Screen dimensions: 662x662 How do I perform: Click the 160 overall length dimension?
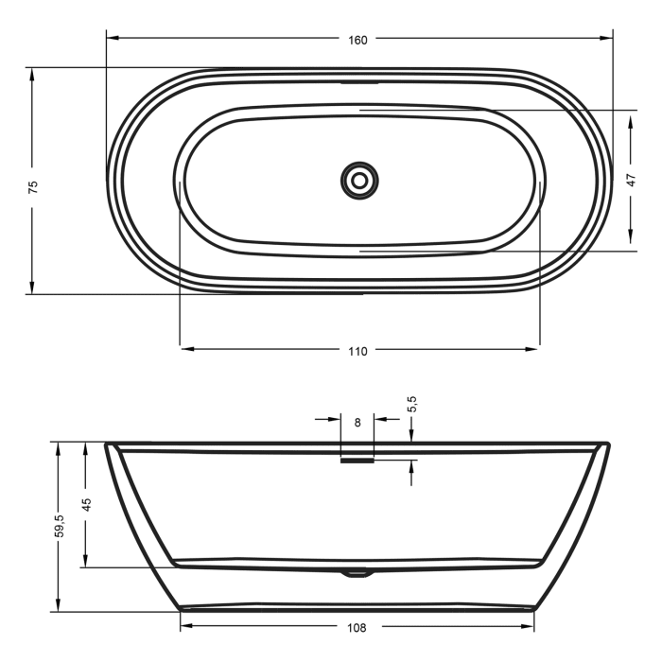click(x=357, y=40)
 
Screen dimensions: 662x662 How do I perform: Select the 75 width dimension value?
click(x=33, y=186)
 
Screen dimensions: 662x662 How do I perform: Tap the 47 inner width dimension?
click(x=631, y=180)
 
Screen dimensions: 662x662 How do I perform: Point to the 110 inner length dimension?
click(x=357, y=351)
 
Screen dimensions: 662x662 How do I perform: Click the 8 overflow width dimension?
click(x=357, y=423)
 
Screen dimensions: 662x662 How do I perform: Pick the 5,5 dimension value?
click(x=411, y=405)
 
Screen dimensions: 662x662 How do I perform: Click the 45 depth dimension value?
click(x=86, y=504)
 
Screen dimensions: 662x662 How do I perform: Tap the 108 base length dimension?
click(x=357, y=627)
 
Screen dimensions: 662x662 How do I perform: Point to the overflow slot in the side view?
click(x=357, y=462)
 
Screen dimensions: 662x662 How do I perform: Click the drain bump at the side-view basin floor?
click(x=357, y=571)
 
